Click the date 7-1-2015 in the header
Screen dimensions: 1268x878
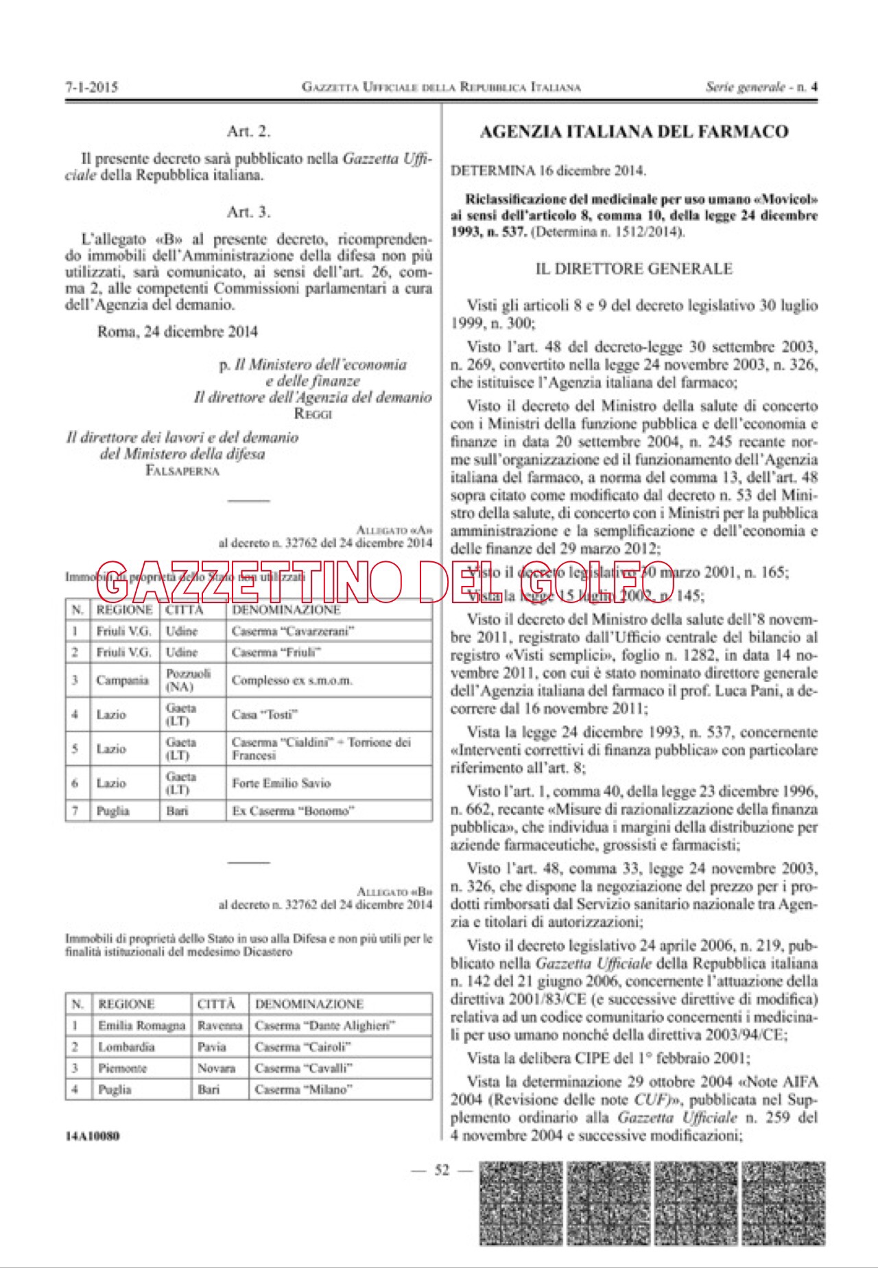click(x=92, y=87)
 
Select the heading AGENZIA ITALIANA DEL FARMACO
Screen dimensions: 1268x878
click(x=633, y=132)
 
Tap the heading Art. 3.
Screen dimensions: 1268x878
click(x=248, y=212)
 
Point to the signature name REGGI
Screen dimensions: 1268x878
click(x=313, y=414)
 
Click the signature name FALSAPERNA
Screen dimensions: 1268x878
click(x=182, y=471)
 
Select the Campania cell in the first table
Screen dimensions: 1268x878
click(x=122, y=681)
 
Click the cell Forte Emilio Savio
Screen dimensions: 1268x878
click(x=281, y=783)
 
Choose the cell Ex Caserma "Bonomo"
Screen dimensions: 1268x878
click(x=293, y=811)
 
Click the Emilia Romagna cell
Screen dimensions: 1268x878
click(x=141, y=1026)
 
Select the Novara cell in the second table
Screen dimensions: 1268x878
click(x=216, y=1068)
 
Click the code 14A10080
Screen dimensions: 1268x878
click(x=92, y=1136)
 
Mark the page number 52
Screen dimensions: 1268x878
click(x=442, y=1170)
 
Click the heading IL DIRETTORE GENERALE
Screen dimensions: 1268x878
click(x=633, y=269)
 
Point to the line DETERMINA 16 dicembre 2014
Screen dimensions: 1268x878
click(x=548, y=171)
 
